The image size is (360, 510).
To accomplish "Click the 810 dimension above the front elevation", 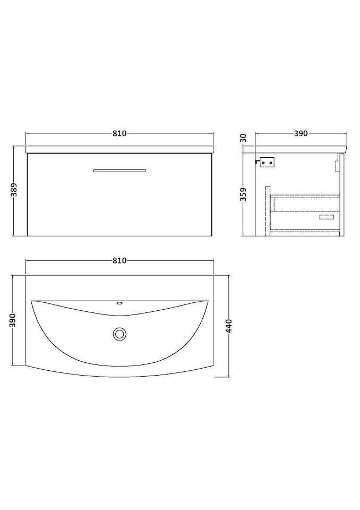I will pyautogui.click(x=119, y=134).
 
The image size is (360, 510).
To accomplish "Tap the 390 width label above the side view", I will pyautogui.click(x=301, y=134).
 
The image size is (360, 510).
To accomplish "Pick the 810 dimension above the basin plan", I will pyautogui.click(x=119, y=260).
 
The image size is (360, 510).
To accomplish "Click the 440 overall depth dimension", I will pyautogui.click(x=229, y=326).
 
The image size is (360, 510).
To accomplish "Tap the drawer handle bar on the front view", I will pyautogui.click(x=119, y=171).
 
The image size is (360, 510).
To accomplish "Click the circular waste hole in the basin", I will pyautogui.click(x=119, y=334).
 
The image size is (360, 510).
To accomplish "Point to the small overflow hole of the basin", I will pyautogui.click(x=119, y=305).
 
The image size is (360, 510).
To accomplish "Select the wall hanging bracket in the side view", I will pyautogui.click(x=267, y=162).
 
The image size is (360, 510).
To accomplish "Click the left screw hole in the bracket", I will pyautogui.click(x=264, y=163).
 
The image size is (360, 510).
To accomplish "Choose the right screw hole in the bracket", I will pyautogui.click(x=271, y=163).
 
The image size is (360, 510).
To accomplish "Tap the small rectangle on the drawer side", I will pyautogui.click(x=327, y=217).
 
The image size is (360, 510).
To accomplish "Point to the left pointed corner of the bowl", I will pyautogui.click(x=32, y=301).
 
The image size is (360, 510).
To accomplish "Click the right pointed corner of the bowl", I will pyautogui.click(x=207, y=301).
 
